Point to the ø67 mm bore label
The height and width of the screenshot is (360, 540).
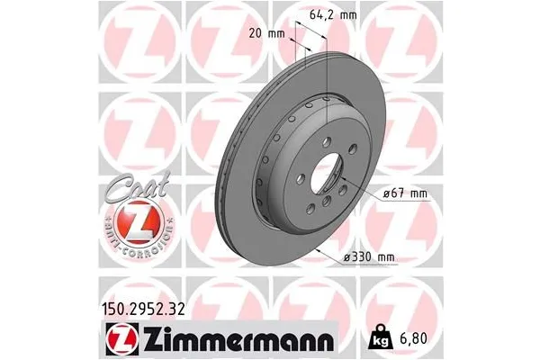click(402, 193)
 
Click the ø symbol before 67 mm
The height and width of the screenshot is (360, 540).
click(384, 193)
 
